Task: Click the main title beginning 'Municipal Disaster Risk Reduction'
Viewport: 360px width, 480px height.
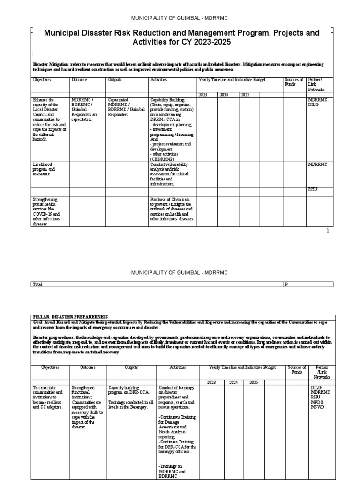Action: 181,37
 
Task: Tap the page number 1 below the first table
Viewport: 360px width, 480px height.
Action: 328,231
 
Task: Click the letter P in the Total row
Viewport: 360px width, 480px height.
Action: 286,284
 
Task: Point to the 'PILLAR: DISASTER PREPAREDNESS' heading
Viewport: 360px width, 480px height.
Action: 70,317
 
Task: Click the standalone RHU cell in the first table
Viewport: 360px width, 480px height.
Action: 313,189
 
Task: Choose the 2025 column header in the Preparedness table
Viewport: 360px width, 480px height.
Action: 254,382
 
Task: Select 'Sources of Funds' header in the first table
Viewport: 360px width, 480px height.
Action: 294,82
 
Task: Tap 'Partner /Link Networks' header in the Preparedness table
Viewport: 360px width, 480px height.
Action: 322,372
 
